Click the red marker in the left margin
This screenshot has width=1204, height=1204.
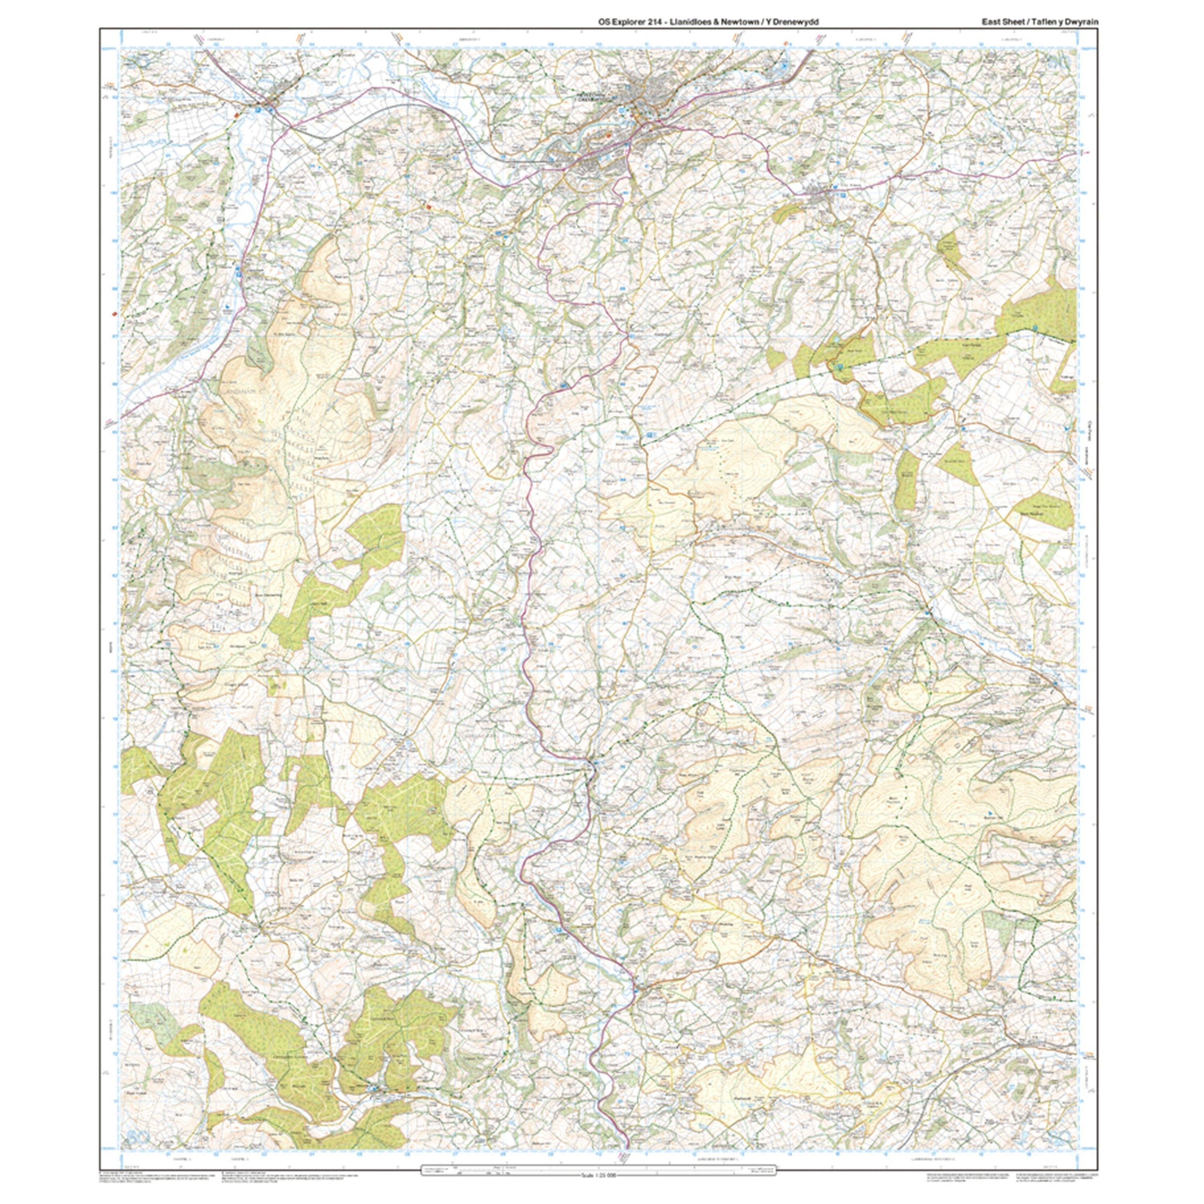114,314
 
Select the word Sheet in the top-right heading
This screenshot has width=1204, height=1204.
1014,22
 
